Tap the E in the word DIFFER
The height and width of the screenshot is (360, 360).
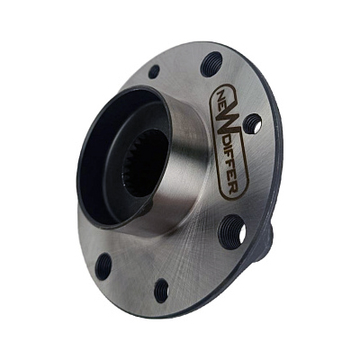point(234,178)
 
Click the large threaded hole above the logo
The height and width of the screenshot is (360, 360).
point(211,64)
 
